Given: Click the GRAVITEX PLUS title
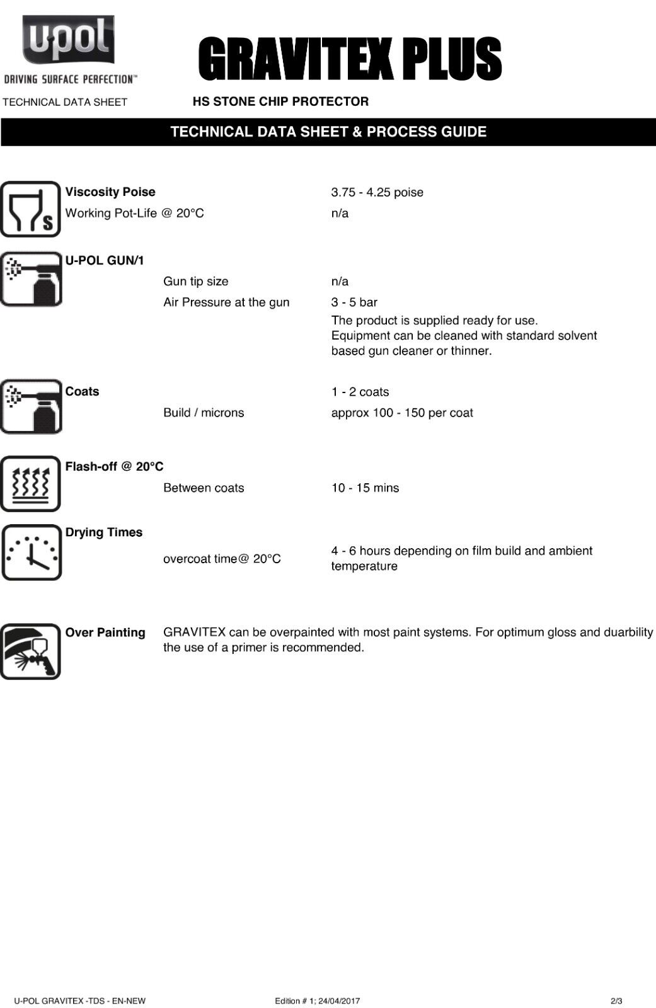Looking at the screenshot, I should click(350, 59).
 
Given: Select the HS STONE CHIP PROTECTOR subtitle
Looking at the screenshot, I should click(280, 101).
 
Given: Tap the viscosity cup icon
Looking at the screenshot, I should click(30, 209).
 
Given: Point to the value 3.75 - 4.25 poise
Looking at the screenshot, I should click(377, 192).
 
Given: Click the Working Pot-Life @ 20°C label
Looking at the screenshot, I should click(134, 213).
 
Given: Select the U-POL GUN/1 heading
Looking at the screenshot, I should click(105, 260).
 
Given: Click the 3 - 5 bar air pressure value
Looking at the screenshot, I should click(354, 302).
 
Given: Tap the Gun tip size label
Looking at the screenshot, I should click(195, 282).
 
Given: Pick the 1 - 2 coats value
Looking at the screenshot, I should click(360, 392).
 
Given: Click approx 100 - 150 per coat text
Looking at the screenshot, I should click(401, 413).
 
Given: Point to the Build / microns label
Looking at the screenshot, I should click(203, 413).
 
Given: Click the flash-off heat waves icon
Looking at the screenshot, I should click(30, 484).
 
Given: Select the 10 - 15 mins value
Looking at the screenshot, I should click(365, 488).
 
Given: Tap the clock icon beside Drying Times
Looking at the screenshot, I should click(32, 553).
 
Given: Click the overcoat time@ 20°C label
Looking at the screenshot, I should click(222, 559).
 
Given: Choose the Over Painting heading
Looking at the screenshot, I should click(105, 633).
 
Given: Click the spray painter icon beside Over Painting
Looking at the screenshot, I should click(30, 651).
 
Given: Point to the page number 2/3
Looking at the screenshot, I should click(616, 1001).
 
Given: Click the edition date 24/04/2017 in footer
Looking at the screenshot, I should click(339, 1001).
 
